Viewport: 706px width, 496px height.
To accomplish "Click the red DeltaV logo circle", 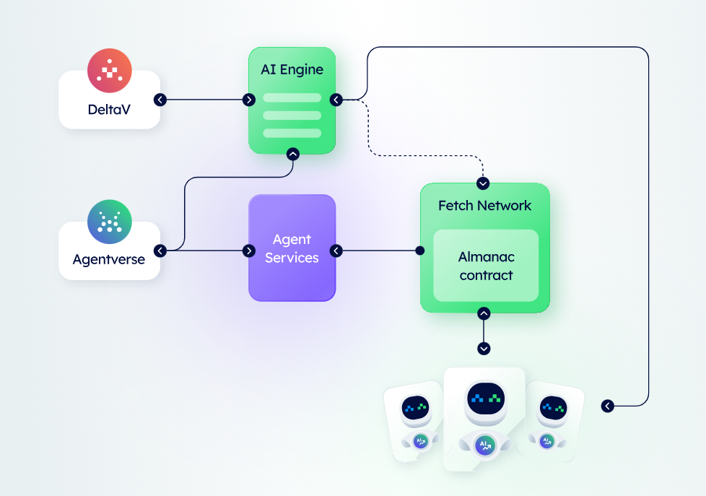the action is point(110,71).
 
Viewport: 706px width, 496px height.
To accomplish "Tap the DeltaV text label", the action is point(109,110).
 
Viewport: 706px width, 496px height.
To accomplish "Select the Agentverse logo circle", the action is point(110,222).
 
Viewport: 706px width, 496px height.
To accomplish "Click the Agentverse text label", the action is point(109,259).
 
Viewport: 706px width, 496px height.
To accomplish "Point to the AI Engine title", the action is point(292,69).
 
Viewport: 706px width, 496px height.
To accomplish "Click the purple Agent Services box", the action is point(292,248).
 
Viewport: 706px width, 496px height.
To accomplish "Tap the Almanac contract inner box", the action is point(486,266).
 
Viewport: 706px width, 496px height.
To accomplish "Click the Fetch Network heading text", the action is point(485,206).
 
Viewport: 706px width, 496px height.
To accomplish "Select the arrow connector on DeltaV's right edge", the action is point(160,100).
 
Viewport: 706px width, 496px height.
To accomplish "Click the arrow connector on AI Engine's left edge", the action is point(249,100).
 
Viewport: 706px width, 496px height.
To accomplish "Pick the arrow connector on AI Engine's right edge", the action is point(336,100).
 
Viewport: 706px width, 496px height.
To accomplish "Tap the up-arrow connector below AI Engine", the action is point(293,154).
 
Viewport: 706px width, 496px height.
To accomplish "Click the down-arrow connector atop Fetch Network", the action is point(483,183).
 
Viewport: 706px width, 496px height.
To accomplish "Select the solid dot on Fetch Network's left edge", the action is point(420,251).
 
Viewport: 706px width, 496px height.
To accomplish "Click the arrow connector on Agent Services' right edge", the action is point(336,251).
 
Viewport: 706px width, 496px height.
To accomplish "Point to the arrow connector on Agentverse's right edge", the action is point(160,251).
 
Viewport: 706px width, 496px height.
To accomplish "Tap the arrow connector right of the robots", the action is point(607,406).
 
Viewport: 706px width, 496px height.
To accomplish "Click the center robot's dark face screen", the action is point(486,399).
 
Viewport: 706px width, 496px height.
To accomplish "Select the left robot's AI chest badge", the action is point(421,441).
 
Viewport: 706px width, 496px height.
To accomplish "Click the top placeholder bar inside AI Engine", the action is point(292,97).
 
